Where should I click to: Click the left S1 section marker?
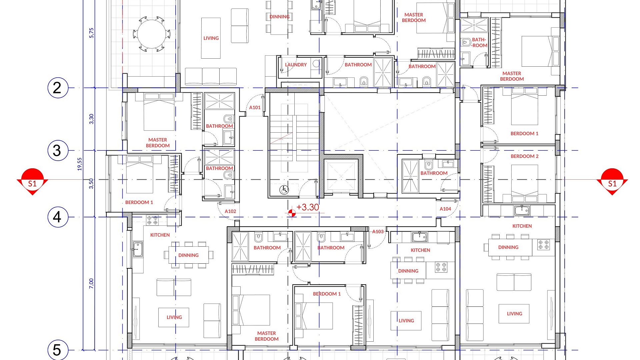tap(32, 182)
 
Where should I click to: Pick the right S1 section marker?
tap(612, 182)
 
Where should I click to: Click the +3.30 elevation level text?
tap(308, 207)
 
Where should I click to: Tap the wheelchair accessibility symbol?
tap(284, 190)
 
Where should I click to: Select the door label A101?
tap(255, 108)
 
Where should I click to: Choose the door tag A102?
tap(230, 211)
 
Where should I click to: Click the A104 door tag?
tap(445, 209)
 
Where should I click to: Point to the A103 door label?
tap(378, 232)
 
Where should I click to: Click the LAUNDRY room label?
tap(296, 65)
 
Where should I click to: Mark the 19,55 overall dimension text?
tap(79, 164)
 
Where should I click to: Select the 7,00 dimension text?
tap(91, 284)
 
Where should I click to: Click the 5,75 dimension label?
tap(91, 33)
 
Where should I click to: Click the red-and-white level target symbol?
tap(292, 213)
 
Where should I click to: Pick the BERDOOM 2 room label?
tap(525, 156)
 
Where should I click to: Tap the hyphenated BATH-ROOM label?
tap(479, 42)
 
